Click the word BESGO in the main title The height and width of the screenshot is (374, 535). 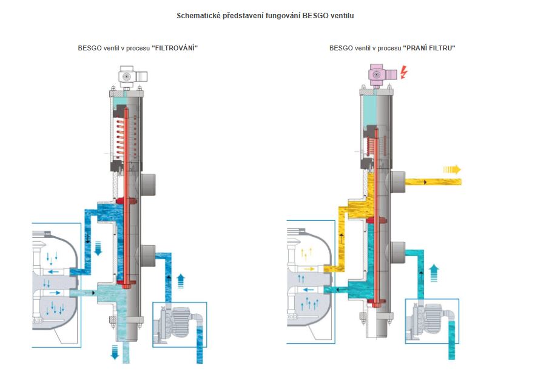tap(315, 16)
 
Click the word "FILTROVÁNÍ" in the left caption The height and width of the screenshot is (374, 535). tap(175, 48)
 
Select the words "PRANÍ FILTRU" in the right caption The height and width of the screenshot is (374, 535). tap(429, 48)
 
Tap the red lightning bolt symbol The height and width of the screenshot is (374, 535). tap(404, 72)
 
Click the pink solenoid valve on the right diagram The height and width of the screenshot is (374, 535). tap(382, 74)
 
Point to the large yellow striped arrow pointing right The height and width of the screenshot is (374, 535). tap(452, 169)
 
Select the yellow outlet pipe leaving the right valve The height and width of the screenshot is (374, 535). tap(433, 182)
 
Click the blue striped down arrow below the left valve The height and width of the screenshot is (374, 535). tap(115, 352)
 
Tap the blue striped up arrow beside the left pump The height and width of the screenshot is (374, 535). tap(181, 280)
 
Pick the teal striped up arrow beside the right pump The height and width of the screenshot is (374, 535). tap(434, 273)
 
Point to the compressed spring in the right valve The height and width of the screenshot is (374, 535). tap(370, 146)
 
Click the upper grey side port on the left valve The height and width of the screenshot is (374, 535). tap(148, 185)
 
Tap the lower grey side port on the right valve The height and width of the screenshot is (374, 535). tap(398, 253)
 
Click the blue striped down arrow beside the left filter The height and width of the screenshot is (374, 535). tap(98, 248)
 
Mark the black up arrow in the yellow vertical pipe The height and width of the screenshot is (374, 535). tap(342, 238)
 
